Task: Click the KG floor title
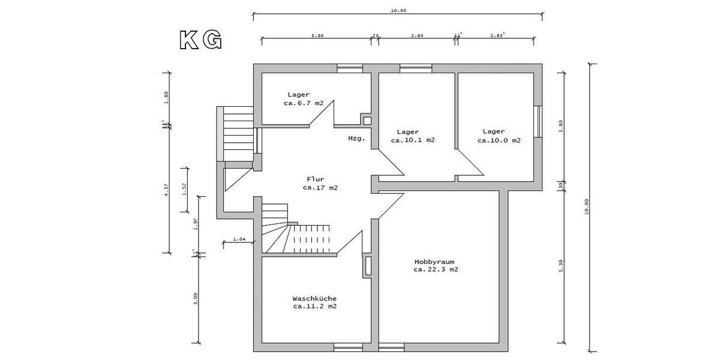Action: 201,40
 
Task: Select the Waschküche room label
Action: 314,298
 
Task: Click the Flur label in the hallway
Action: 316,179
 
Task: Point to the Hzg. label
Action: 356,138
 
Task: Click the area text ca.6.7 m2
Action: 303,103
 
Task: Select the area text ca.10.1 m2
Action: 413,140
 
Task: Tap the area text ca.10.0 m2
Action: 499,140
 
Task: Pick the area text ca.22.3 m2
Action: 436,270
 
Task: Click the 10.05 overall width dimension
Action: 398,10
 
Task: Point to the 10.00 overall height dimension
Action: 587,206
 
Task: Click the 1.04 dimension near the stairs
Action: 238,239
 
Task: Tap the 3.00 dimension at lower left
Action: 196,298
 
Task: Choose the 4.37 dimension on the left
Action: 166,188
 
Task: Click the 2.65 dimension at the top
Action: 417,35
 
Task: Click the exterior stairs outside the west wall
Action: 236,134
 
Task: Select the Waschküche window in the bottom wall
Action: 349,347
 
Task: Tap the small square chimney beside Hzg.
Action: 367,121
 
